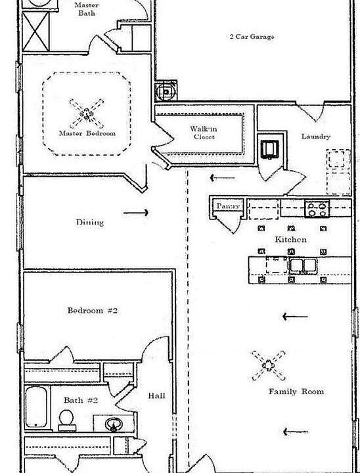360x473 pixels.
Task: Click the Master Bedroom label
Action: pyautogui.click(x=87, y=133)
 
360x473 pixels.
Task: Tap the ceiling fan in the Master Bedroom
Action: pyautogui.click(x=87, y=114)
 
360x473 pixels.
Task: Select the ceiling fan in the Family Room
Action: pyautogui.click(x=268, y=366)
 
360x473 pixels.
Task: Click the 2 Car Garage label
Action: pyautogui.click(x=252, y=37)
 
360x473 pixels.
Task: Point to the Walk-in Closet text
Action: pyautogui.click(x=204, y=133)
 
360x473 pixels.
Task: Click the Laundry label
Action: pyautogui.click(x=315, y=137)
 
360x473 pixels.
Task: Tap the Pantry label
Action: pyautogui.click(x=228, y=206)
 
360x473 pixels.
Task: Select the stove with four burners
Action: pyautogui.click(x=317, y=209)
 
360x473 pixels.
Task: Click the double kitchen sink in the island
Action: pyautogui.click(x=303, y=266)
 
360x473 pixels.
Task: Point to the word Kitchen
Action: pyautogui.click(x=290, y=240)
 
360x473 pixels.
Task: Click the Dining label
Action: pyautogui.click(x=90, y=222)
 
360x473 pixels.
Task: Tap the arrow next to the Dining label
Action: pyautogui.click(x=136, y=213)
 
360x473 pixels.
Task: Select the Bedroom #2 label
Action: pyautogui.click(x=93, y=310)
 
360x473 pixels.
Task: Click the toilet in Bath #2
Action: pyautogui.click(x=67, y=420)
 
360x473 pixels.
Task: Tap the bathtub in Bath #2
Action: pyautogui.click(x=36, y=407)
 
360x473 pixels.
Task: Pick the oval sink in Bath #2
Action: pyautogui.click(x=114, y=424)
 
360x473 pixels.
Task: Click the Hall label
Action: pyautogui.click(x=156, y=395)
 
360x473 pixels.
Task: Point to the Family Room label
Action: pyautogui.click(x=296, y=392)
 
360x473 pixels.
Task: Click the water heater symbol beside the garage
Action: pyautogui.click(x=166, y=91)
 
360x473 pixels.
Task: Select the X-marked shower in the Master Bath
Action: pyautogui.click(x=36, y=32)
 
